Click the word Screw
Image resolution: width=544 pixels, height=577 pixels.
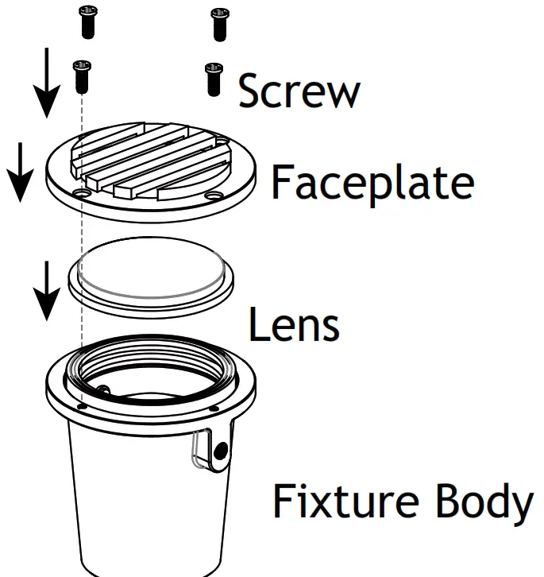299,91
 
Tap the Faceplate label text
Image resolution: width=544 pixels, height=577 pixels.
372,182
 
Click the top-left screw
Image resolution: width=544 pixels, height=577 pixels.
87,21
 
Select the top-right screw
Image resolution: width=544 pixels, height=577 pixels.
219,23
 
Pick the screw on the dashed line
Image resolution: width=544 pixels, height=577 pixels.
79,75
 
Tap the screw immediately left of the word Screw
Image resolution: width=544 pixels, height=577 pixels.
213,79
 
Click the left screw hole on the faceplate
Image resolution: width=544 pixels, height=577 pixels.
80,193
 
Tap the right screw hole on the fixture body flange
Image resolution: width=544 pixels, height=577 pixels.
215,407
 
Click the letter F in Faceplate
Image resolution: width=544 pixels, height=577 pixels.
283,182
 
